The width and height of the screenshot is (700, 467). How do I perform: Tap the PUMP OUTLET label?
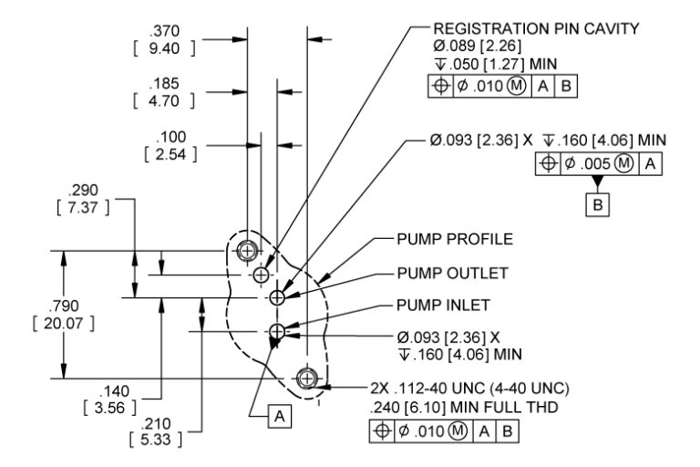coord(452,273)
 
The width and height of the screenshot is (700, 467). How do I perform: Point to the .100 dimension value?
coord(170,136)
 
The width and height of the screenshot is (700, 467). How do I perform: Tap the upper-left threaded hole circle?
coord(246,250)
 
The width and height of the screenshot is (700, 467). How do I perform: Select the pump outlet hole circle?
coord(278,296)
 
